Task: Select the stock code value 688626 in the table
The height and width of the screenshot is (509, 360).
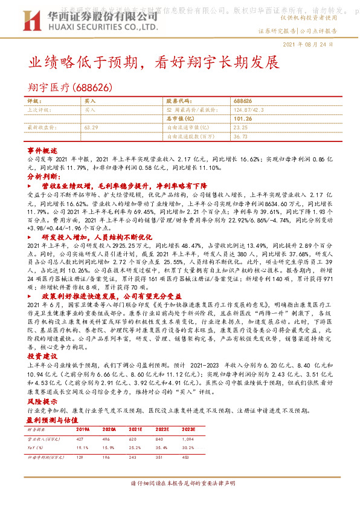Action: coord(242,101)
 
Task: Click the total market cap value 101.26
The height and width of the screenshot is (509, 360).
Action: coord(242,119)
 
